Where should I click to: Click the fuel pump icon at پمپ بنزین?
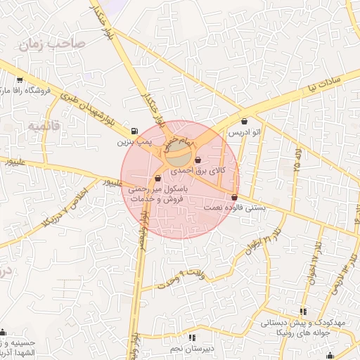pyautogui.click(x=134, y=131)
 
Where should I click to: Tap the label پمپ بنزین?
pyautogui.click(x=134, y=142)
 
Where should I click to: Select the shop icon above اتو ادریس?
pyautogui.click(x=244, y=121)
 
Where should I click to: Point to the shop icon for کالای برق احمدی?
pyautogui.click(x=198, y=159)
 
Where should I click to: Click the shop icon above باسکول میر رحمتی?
pyautogui.click(x=157, y=179)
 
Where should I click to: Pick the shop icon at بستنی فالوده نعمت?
pyautogui.click(x=234, y=197)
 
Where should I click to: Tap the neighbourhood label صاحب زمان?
pyautogui.click(x=52, y=45)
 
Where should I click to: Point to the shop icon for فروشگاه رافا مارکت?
pyautogui.click(x=19, y=80)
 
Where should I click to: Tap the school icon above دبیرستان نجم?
pyautogui.click(x=193, y=338)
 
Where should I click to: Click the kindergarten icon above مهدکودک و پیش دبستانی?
pyautogui.click(x=303, y=311)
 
